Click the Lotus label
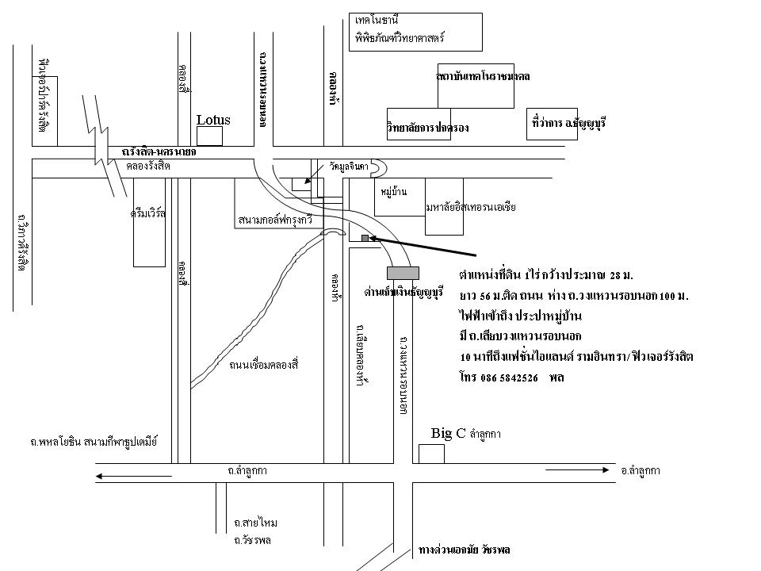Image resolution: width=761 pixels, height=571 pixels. pos(213,121)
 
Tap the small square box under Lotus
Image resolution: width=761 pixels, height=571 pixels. pos(210,136)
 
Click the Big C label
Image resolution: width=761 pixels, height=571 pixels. pos(448,433)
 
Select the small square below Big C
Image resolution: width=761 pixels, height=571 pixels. pos(432,454)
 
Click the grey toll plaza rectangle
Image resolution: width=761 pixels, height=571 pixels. pos(402,273)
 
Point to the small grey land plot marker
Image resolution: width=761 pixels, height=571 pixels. pos(365,238)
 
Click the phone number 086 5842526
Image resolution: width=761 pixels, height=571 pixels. pos(509,378)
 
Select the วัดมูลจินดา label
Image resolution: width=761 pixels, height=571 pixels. pos(349,167)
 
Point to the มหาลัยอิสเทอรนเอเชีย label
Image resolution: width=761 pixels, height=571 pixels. pos(471,207)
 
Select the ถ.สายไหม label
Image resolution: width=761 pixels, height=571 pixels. pos(255,523)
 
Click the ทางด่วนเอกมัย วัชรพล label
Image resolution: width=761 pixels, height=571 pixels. pos(465,549)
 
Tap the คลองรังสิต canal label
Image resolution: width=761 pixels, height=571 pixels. pos(148,167)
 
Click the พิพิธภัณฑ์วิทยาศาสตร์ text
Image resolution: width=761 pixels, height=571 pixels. pos(400,37)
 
